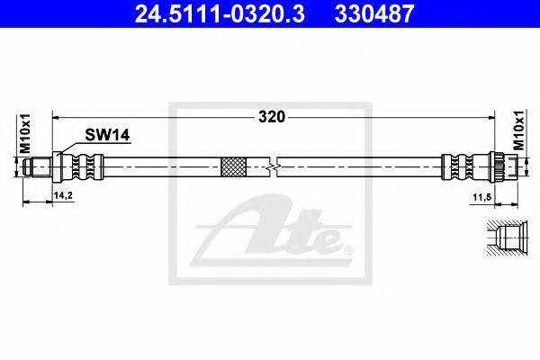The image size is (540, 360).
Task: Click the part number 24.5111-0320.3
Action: tap(220, 13)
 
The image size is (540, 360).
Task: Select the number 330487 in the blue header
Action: tap(373, 13)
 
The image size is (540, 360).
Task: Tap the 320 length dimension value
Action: tap(272, 117)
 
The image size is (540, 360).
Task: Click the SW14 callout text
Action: tap(107, 135)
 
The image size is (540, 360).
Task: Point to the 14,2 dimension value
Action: tap(63, 195)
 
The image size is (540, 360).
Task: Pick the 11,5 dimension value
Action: tap(481, 197)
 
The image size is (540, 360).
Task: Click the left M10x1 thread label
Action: tap(25, 134)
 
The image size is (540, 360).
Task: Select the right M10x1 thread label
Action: tap(519, 130)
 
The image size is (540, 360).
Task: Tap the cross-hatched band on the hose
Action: tap(233, 167)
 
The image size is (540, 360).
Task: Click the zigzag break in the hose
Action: tap(273, 167)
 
